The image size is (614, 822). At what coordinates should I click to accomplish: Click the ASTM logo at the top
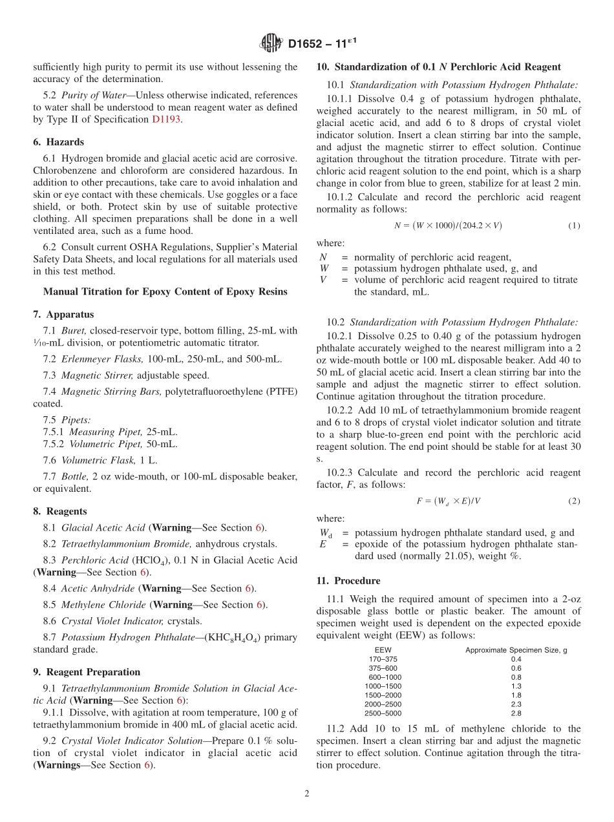pos(271,43)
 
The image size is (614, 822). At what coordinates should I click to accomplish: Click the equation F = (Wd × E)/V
pos(449,501)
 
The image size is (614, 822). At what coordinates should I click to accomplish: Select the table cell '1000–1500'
pos(383,686)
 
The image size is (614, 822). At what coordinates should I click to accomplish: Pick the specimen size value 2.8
pos(516,713)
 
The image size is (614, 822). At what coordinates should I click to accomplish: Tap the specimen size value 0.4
pos(516,659)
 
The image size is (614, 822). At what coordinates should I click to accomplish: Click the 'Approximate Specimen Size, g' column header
pos(516,650)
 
